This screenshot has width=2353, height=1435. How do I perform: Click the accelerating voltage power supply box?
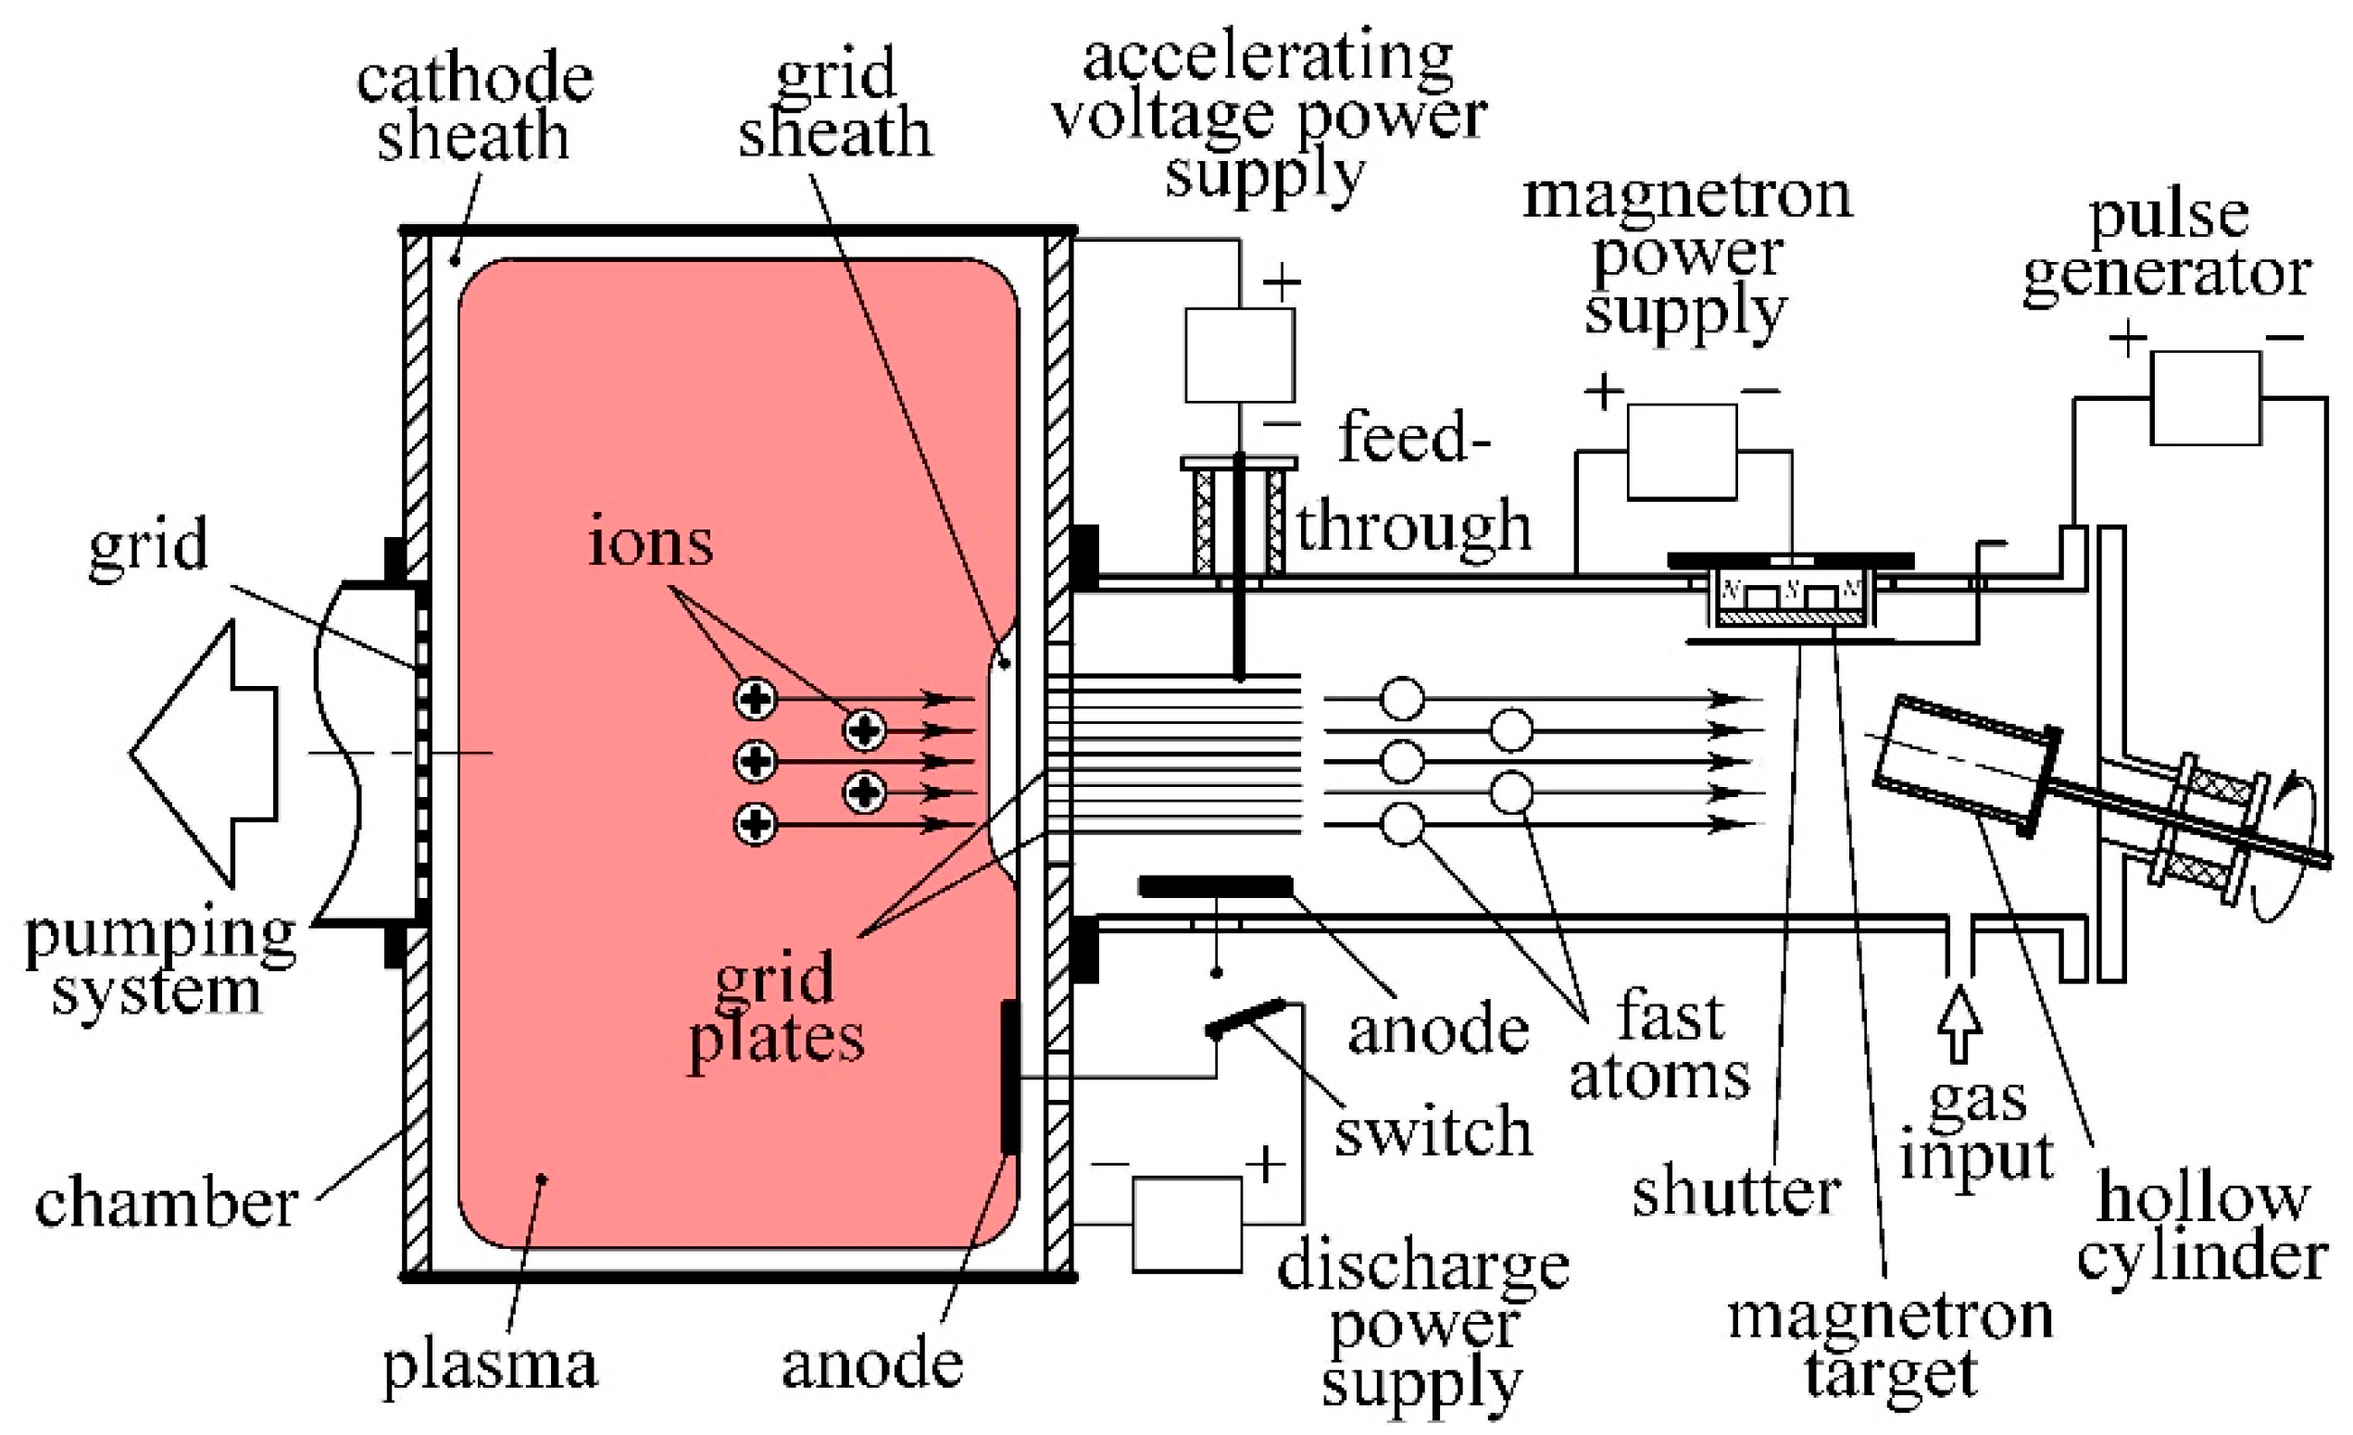[1240, 355]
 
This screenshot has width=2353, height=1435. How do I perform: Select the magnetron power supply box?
[1681, 452]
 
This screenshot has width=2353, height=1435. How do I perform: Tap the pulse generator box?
[2205, 397]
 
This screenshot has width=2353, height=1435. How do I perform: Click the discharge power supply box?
[1187, 1223]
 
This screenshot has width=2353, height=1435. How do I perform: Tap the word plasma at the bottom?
[490, 1366]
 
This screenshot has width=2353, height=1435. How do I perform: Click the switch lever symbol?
[1245, 1017]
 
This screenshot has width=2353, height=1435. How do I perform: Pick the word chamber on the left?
[165, 1203]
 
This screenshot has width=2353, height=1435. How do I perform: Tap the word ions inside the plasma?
[649, 541]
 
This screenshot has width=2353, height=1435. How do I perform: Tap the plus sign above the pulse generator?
[2128, 338]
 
